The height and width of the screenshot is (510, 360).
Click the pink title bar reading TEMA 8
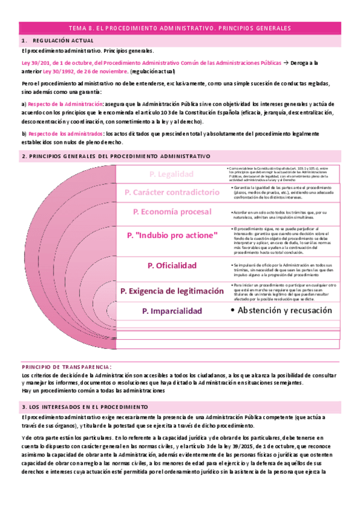coord(180,28)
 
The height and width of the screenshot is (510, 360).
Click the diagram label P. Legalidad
coord(171,174)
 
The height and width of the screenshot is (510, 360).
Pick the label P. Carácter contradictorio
coord(172,192)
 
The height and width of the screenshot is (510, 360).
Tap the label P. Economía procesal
coord(172,212)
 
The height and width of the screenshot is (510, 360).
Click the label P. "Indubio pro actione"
coord(172,236)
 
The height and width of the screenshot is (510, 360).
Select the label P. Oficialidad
coord(172,265)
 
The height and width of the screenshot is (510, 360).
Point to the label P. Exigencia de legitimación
coord(172,290)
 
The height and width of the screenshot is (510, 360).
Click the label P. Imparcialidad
coord(172,311)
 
